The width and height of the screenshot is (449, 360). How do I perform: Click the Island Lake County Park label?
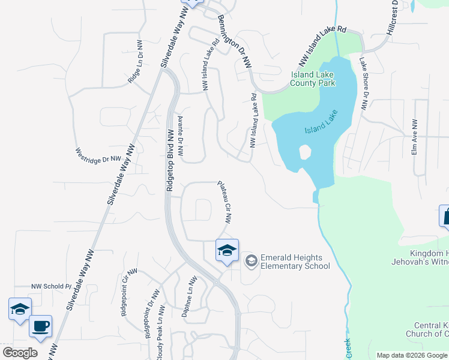[313, 79]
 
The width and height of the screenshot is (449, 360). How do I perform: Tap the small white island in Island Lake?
[305, 152]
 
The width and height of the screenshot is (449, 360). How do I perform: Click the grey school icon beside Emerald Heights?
[251, 260]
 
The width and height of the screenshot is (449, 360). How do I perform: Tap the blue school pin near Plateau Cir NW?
[228, 251]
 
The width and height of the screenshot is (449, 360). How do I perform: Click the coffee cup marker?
[41, 326]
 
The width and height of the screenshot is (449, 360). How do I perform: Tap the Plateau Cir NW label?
[224, 202]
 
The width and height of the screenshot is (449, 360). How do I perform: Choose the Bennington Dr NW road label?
[235, 41]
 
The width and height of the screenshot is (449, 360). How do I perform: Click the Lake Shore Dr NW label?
[364, 83]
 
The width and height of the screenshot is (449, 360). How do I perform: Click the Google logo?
[20, 353]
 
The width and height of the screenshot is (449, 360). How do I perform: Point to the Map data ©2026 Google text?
[412, 355]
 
